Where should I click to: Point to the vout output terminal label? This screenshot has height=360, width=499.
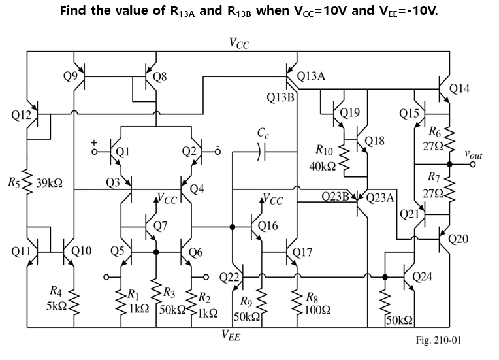(x=474, y=155)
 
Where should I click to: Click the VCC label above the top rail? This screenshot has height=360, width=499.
(x=238, y=43)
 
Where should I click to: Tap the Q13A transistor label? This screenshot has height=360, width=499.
(x=312, y=76)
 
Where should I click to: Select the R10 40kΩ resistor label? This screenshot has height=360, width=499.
(x=325, y=158)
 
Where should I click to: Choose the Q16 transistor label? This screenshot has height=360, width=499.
(x=268, y=227)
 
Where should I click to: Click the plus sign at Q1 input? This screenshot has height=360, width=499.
(x=94, y=141)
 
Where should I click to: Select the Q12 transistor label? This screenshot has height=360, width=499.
(x=22, y=116)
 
